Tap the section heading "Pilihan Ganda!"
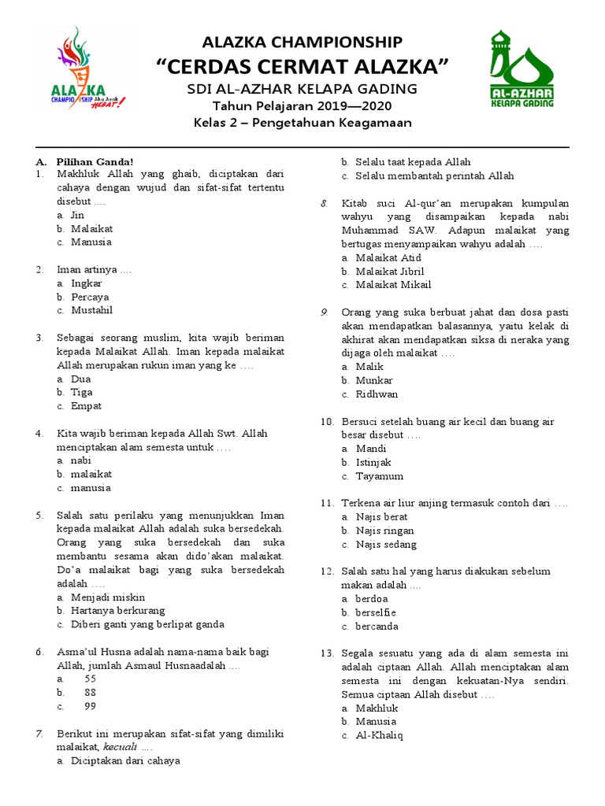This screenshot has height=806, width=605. [95, 161]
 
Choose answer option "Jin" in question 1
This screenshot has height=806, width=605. [77, 215]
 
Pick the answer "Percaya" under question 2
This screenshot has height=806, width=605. [90, 297]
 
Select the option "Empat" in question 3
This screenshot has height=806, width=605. [86, 406]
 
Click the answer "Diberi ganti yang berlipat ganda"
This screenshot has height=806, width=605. [147, 624]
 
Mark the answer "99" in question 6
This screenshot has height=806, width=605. [90, 706]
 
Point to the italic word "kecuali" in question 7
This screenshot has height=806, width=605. [121, 746]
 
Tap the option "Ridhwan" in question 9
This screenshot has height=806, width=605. [377, 394]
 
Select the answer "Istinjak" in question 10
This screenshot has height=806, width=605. [373, 462]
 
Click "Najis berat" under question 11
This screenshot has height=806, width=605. [381, 516]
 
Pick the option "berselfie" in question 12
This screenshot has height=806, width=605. [376, 612]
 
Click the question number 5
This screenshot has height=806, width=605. [39, 515]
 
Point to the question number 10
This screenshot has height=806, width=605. [327, 421]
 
